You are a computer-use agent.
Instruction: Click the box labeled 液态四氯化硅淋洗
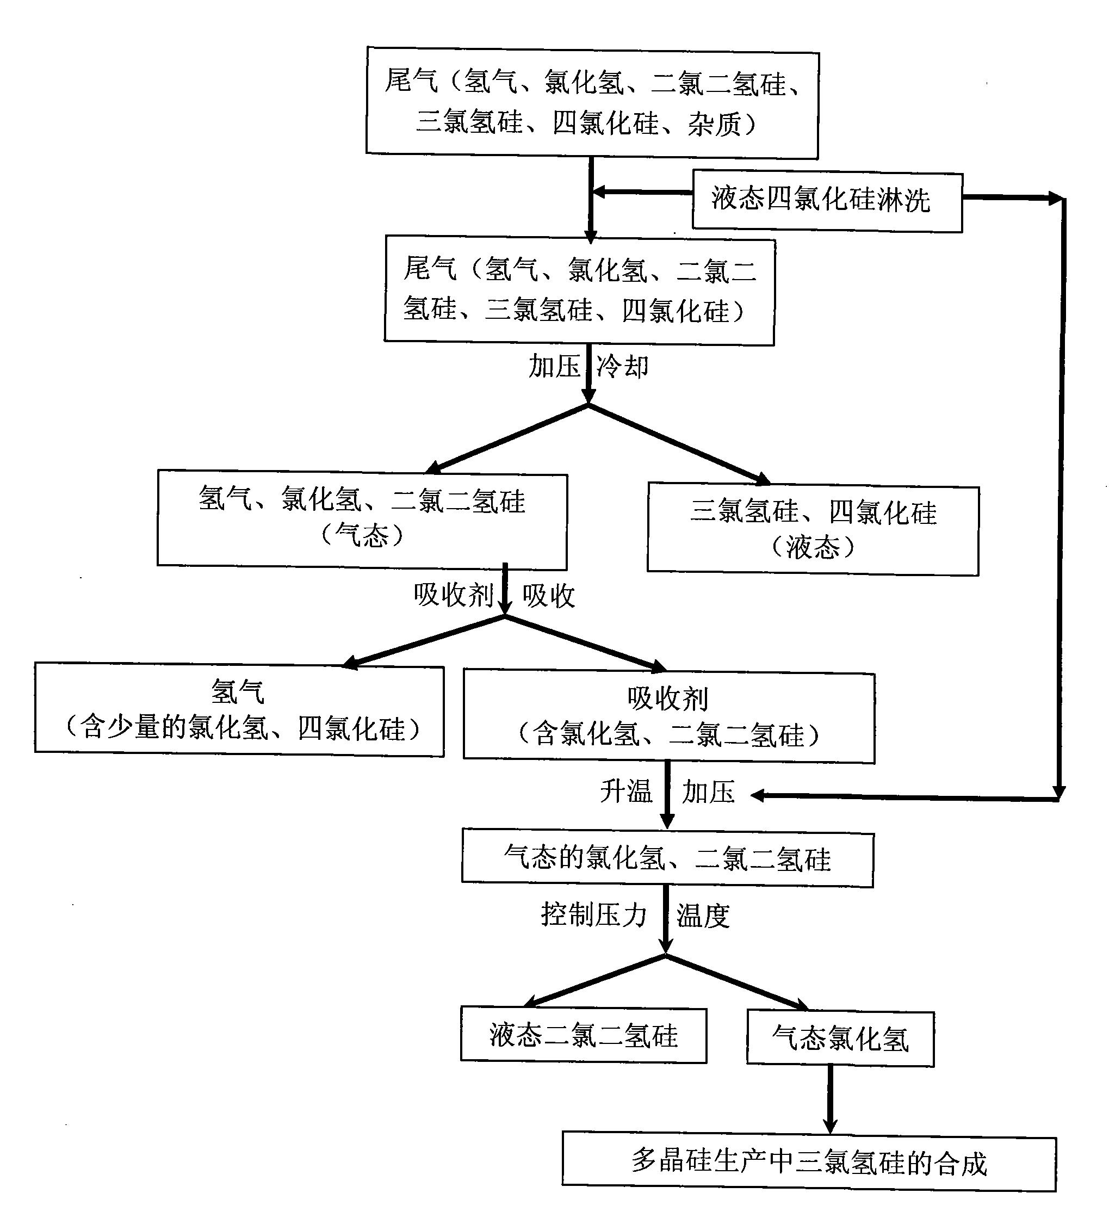[827, 201]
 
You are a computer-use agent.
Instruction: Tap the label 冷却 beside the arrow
[622, 367]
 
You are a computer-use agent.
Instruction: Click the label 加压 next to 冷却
[554, 367]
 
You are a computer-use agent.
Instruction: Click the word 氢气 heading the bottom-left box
[237, 691]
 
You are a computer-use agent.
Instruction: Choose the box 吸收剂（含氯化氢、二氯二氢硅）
[668, 717]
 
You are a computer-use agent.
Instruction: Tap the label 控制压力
[593, 914]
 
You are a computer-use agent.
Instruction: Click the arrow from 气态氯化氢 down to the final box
[830, 1098]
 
